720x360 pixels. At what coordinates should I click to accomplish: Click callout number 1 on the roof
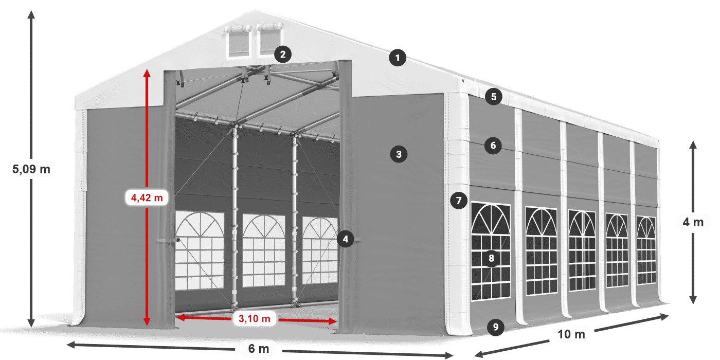tap(397, 58)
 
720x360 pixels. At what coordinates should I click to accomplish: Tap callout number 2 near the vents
tap(283, 54)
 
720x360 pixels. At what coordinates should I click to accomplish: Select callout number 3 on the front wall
tap(399, 153)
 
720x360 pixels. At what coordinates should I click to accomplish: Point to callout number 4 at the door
tap(346, 239)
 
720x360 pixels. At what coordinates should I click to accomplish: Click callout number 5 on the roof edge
tap(493, 96)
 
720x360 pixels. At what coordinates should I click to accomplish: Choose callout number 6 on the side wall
tap(493, 146)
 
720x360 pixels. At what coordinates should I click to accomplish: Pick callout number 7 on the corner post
tap(458, 200)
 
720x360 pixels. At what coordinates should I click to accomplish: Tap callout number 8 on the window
tap(491, 258)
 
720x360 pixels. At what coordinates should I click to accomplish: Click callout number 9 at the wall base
tap(495, 327)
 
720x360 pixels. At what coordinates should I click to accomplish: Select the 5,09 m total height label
tap(31, 168)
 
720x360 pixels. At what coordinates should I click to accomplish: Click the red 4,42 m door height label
tap(147, 197)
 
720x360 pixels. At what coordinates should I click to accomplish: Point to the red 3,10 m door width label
tap(255, 319)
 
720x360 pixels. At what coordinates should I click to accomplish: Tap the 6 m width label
tap(259, 349)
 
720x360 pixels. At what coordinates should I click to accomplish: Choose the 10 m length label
tap(571, 334)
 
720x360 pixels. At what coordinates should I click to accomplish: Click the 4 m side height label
tap(693, 222)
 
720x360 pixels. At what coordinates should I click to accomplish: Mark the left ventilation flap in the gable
tap(238, 40)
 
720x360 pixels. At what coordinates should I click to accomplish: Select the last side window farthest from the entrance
tap(646, 250)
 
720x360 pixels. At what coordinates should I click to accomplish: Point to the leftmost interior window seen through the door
tap(200, 249)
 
